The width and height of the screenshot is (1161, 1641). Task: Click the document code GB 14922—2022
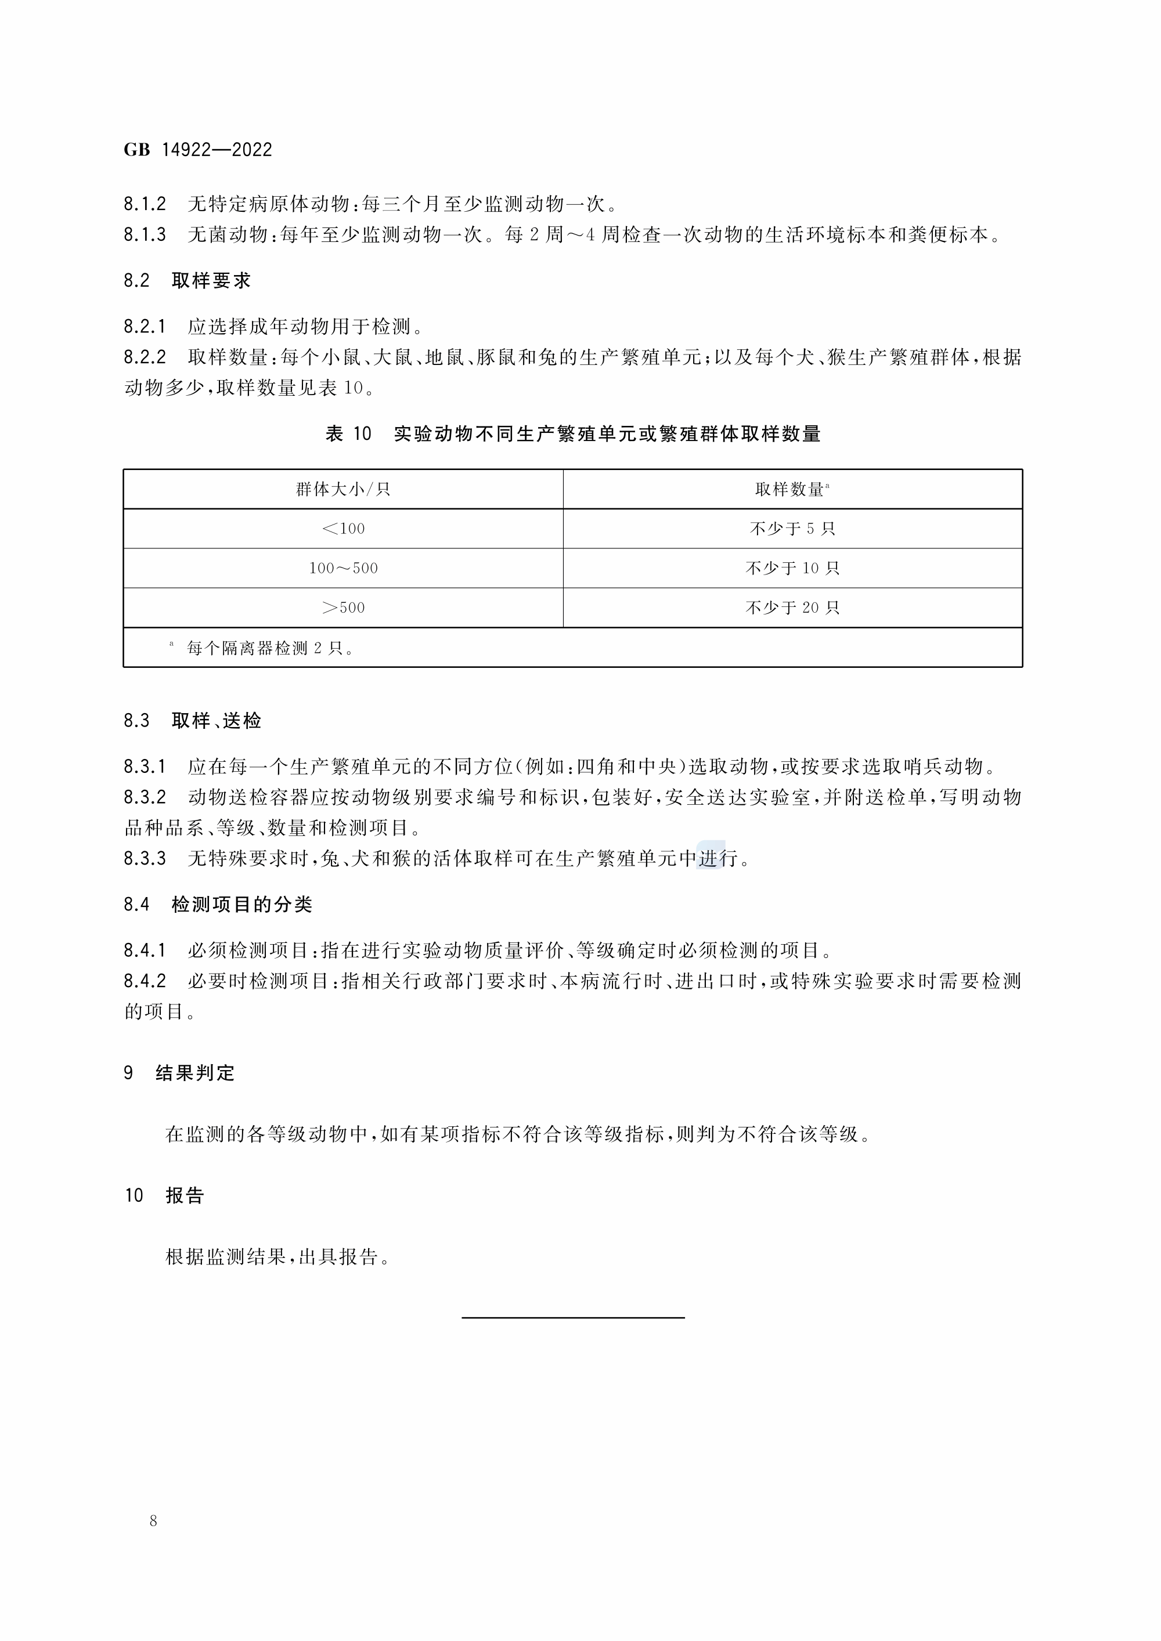pyautogui.click(x=198, y=150)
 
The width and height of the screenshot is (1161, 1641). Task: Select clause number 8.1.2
pyautogui.click(x=145, y=204)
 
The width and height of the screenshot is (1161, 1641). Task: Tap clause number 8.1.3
pyautogui.click(x=145, y=235)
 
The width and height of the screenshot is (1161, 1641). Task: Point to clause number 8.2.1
pyautogui.click(x=145, y=327)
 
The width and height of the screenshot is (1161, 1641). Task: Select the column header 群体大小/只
pyautogui.click(x=343, y=490)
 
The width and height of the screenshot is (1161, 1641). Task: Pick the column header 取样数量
pyautogui.click(x=791, y=490)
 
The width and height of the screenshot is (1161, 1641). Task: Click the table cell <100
pyautogui.click(x=343, y=529)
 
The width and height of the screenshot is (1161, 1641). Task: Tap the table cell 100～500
pyautogui.click(x=343, y=568)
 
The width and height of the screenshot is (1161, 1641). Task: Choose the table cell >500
pyautogui.click(x=343, y=608)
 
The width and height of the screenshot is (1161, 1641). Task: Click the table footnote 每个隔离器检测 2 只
pyautogui.click(x=271, y=648)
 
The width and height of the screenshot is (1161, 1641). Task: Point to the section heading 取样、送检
pyautogui.click(x=216, y=721)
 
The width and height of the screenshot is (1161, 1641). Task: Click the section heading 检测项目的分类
pyautogui.click(x=241, y=905)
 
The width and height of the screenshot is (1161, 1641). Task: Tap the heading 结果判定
pyautogui.click(x=195, y=1073)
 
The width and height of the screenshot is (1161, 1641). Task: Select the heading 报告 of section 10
pyautogui.click(x=185, y=1196)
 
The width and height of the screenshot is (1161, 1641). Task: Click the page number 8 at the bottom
pyautogui.click(x=153, y=1521)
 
